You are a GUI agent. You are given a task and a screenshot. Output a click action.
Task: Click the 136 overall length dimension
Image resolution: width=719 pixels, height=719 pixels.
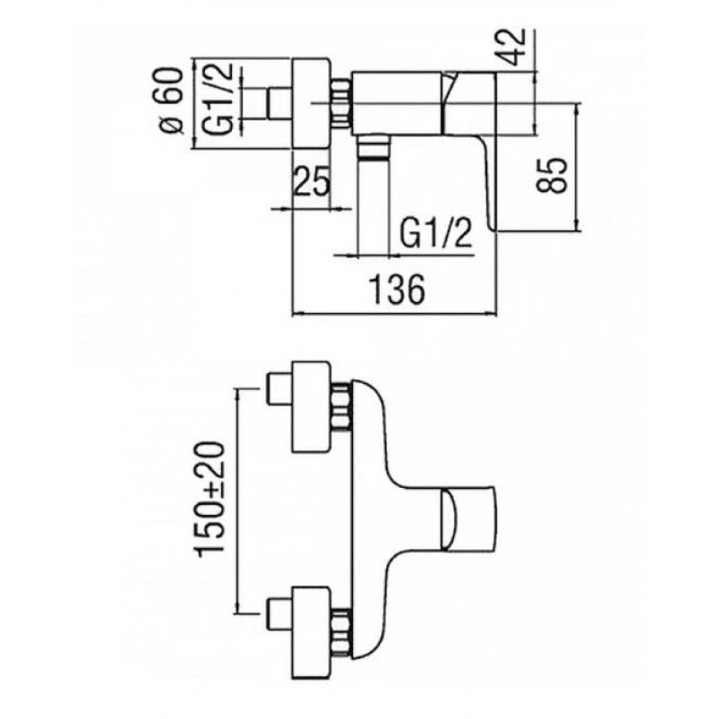pyautogui.click(x=397, y=289)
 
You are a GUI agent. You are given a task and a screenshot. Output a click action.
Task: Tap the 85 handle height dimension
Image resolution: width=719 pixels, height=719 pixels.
pyautogui.click(x=555, y=175)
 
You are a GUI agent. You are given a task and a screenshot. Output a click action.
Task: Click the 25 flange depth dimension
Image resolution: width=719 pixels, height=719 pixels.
pyautogui.click(x=311, y=181)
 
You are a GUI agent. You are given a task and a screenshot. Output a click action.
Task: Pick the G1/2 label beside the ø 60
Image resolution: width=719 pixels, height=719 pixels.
pyautogui.click(x=218, y=100)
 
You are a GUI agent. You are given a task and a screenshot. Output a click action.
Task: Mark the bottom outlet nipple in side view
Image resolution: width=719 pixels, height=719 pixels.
pyautogui.click(x=374, y=146)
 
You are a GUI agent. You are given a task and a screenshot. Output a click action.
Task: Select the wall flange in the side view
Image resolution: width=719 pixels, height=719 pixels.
pyautogui.click(x=311, y=103)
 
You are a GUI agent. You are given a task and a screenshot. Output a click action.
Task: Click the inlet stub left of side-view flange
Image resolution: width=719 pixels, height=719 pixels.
pyautogui.click(x=280, y=103)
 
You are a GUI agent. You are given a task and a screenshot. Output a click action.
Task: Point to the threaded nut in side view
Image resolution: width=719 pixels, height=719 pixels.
pyautogui.click(x=341, y=103)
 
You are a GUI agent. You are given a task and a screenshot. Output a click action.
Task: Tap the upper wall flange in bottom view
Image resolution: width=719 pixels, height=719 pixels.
pyautogui.click(x=311, y=406)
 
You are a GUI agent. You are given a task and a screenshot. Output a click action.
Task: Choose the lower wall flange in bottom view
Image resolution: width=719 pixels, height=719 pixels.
pyautogui.click(x=311, y=633)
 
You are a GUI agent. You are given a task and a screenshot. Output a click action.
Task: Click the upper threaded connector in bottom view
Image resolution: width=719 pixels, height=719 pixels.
pyautogui.click(x=341, y=406)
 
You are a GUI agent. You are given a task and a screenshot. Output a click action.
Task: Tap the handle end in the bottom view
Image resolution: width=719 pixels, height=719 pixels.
pyautogui.click(x=468, y=520)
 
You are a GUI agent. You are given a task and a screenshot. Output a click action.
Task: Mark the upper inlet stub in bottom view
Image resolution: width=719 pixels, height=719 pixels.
pyautogui.click(x=280, y=389)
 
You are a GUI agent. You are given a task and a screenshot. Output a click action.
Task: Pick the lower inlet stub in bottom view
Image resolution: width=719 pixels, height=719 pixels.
pyautogui.click(x=280, y=615)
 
